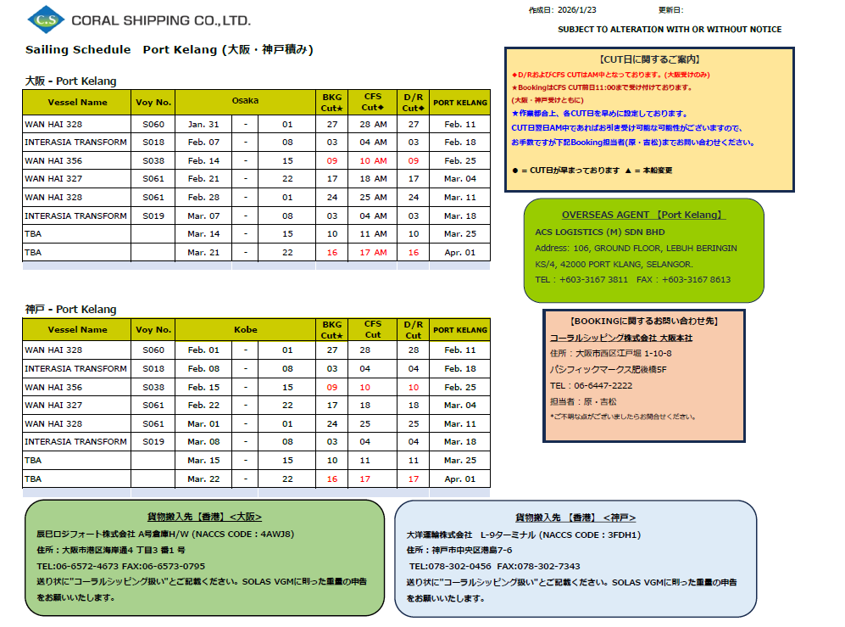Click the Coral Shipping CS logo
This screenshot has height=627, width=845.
pyautogui.click(x=44, y=18)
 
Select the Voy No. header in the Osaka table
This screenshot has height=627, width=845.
pyautogui.click(x=153, y=103)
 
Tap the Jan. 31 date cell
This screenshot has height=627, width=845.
pyautogui.click(x=203, y=124)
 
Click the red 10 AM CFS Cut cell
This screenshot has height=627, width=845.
pyautogui.click(x=373, y=161)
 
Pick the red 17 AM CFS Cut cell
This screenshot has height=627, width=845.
pyautogui.click(x=373, y=253)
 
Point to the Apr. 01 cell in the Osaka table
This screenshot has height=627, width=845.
pyautogui.click(x=460, y=253)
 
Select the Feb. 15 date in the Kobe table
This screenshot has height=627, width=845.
pyautogui.click(x=203, y=387)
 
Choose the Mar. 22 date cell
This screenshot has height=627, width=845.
pyautogui.click(x=203, y=479)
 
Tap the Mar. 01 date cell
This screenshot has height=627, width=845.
pyautogui.click(x=203, y=423)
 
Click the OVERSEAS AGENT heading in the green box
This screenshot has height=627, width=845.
pyautogui.click(x=643, y=216)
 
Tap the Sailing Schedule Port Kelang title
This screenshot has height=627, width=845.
pyautogui.click(x=170, y=50)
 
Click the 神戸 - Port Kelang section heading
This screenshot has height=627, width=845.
pyautogui.click(x=70, y=310)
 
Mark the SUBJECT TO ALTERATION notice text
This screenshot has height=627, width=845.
pyautogui.click(x=670, y=30)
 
